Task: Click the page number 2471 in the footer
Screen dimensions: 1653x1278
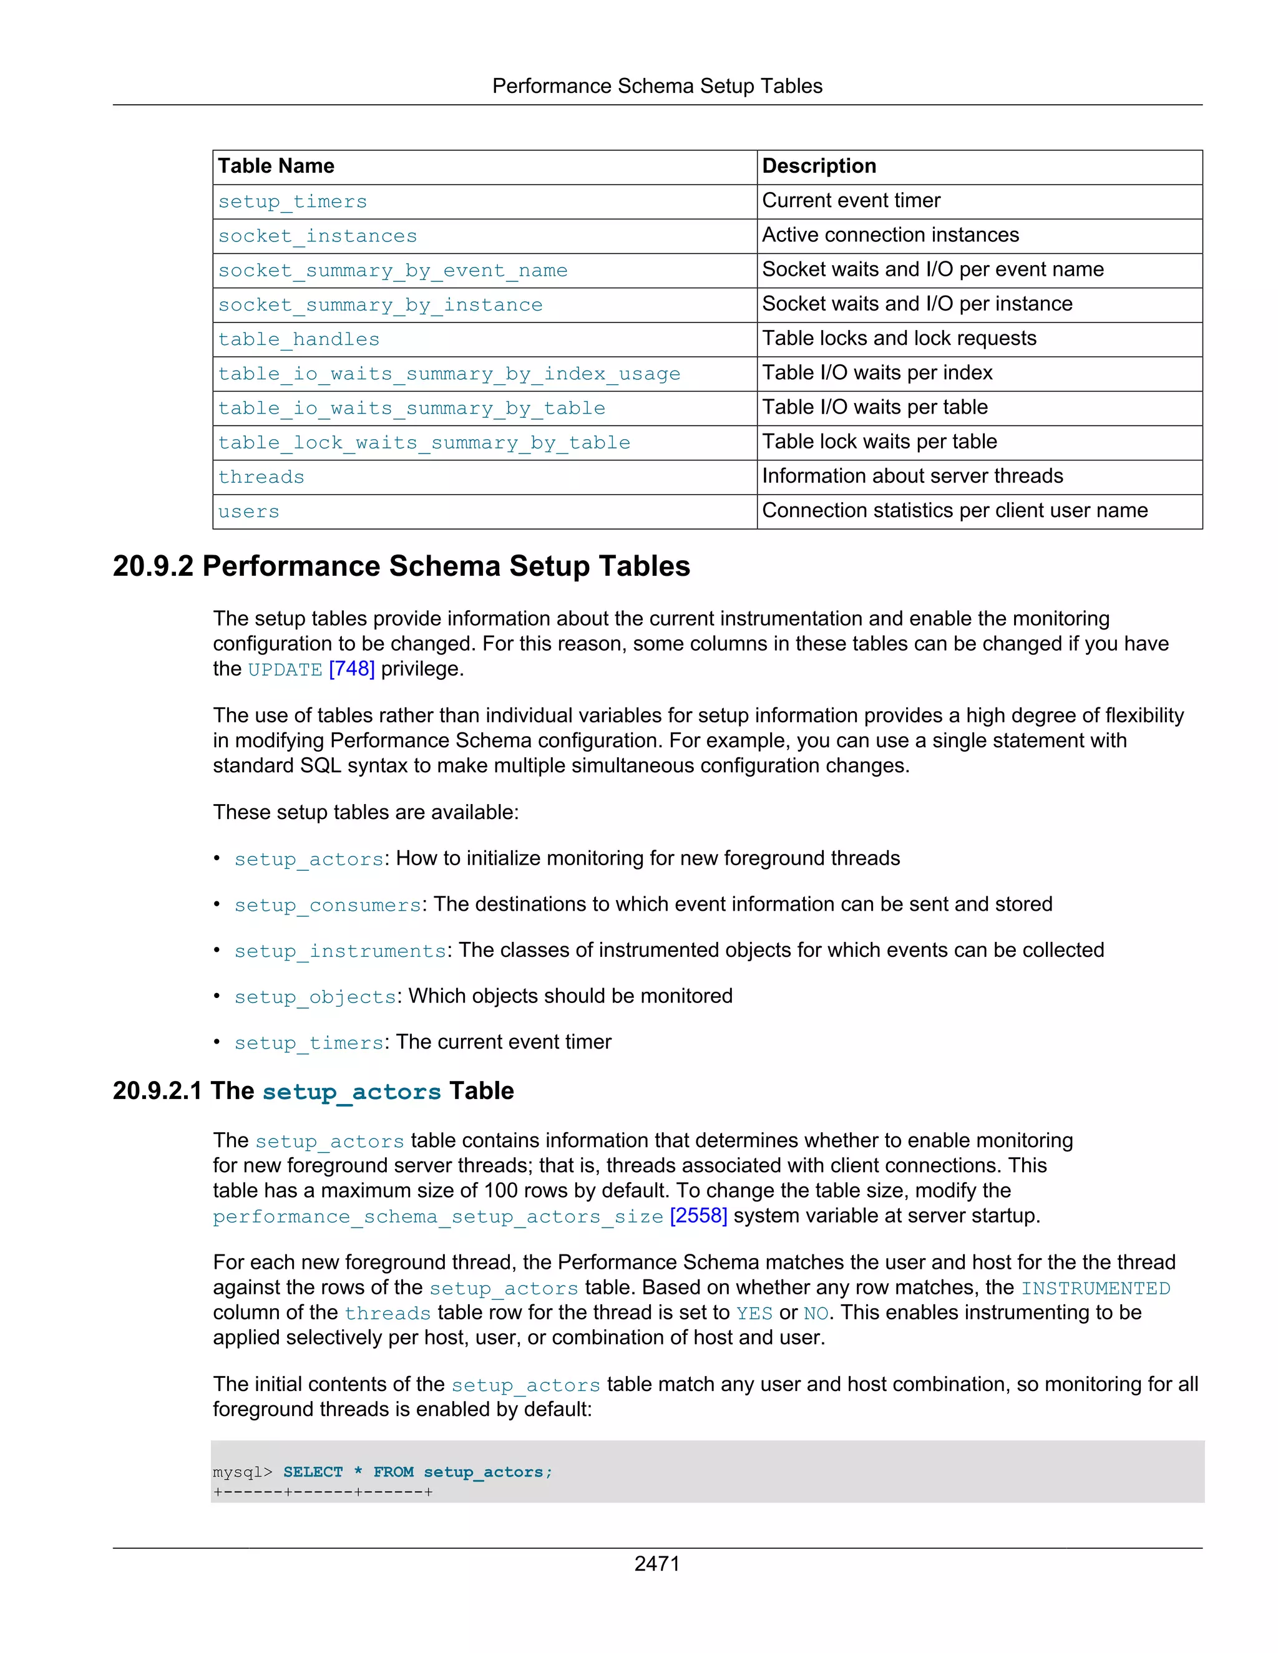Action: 656,1563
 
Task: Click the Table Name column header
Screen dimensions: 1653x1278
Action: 276,166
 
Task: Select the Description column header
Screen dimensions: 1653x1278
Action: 819,166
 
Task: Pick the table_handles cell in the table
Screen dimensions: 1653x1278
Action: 298,339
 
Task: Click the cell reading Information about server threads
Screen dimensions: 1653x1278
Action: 912,476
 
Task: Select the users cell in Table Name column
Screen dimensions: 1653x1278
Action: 248,511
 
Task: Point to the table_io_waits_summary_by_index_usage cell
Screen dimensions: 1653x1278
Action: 449,374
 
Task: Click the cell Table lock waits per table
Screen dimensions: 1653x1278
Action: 879,442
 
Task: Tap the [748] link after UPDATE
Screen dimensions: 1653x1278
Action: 351,669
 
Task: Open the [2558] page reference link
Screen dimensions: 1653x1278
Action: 698,1216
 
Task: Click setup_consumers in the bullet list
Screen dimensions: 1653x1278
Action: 327,905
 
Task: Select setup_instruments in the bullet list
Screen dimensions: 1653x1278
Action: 340,951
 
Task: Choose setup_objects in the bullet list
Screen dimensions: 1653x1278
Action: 315,997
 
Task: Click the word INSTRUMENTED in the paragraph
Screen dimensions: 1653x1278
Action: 1095,1288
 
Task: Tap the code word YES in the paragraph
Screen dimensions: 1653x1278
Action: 754,1313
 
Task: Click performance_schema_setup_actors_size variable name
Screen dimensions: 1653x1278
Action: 437,1216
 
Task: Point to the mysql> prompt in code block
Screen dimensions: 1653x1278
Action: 242,1472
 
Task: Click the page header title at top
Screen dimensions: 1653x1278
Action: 656,86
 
